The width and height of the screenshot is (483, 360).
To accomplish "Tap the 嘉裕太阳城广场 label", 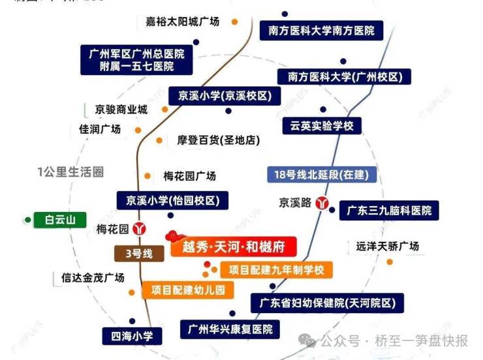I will (185, 22).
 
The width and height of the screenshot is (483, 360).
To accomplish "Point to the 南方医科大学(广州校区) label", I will (345, 77).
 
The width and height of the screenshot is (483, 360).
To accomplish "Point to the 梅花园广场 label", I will (189, 176).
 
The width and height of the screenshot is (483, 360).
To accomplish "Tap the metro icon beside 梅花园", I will (138, 229).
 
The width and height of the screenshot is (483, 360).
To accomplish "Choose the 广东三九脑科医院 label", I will (389, 211).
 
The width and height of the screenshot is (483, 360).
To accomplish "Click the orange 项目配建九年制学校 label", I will (277, 269).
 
